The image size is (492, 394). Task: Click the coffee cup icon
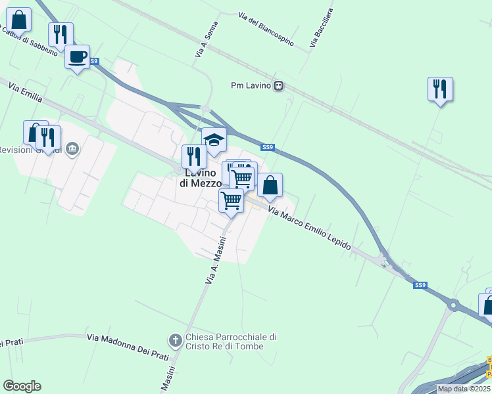78,57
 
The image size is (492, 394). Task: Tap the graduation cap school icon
214,139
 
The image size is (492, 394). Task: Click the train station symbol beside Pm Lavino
279,85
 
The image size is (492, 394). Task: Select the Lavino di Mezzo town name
201,178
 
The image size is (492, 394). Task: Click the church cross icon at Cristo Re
175,340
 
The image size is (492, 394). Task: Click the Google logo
22,386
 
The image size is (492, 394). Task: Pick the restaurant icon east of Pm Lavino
440,89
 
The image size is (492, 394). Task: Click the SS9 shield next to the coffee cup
95,61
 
